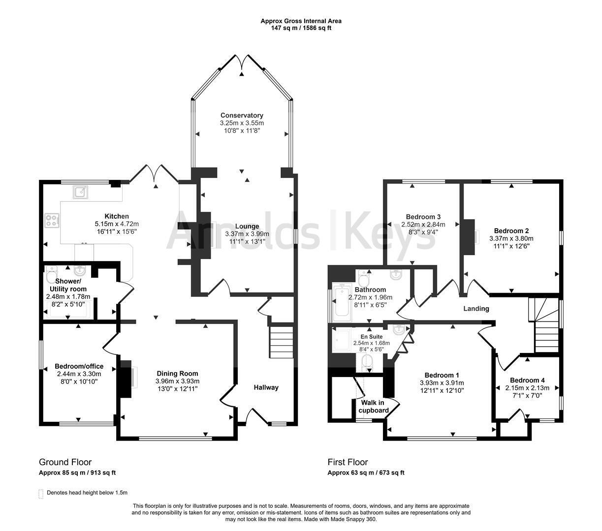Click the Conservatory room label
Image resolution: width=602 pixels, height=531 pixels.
[x=242, y=115]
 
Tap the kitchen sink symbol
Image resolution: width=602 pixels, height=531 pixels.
[x=80, y=192]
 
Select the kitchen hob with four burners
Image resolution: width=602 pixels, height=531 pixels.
[x=51, y=221]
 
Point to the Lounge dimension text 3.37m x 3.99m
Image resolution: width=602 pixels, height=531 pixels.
[x=247, y=234]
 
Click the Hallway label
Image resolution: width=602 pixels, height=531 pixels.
[x=266, y=387]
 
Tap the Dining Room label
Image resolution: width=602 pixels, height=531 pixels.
[x=177, y=373]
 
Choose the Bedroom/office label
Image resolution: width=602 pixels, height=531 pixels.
[x=79, y=366]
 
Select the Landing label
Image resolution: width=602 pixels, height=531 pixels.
[x=476, y=308]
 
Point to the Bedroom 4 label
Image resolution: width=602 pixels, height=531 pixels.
[x=527, y=380]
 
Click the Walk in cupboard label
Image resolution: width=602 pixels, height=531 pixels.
[x=373, y=406]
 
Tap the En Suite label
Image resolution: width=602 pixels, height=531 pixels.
[x=372, y=337]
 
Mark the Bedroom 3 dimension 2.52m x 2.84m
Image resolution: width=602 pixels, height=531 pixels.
[x=423, y=224]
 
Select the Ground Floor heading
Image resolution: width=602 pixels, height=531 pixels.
[x=65, y=462]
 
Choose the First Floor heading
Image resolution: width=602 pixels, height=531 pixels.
[x=348, y=462]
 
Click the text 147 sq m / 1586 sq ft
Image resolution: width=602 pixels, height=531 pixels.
[x=301, y=28]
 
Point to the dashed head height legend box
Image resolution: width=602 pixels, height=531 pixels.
[x=41, y=494]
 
